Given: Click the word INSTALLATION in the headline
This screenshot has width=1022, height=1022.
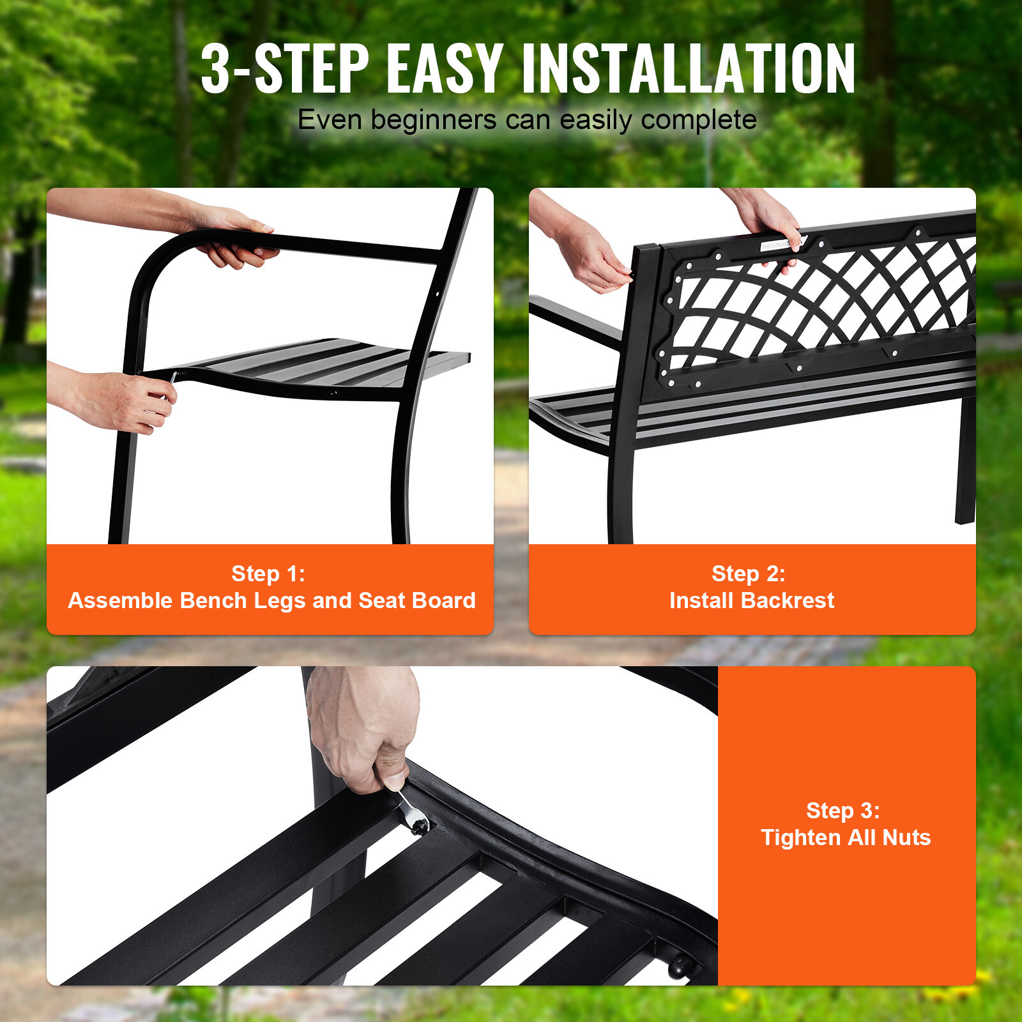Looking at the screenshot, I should pyautogui.click(x=688, y=69).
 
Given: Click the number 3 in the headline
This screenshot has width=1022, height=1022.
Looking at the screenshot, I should pyautogui.click(x=216, y=69).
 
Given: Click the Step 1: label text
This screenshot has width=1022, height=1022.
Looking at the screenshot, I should pyautogui.click(x=268, y=574).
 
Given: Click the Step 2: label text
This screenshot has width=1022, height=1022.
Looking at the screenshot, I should pyautogui.click(x=749, y=574).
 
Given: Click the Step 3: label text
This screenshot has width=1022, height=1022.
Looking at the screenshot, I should pyautogui.click(x=843, y=811).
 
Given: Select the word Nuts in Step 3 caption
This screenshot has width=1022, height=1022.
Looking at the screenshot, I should pyautogui.click(x=906, y=837).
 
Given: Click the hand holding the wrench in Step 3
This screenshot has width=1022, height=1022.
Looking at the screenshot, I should pyautogui.click(x=364, y=728).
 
